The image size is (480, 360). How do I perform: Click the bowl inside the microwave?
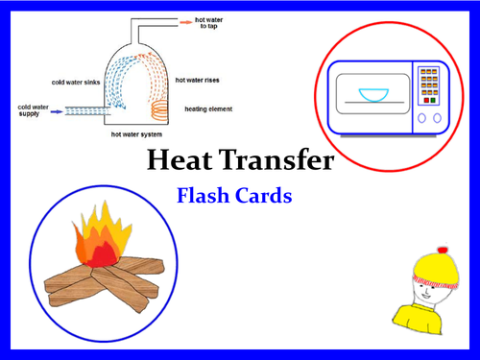point(369,95)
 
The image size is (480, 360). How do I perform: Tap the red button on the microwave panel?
point(423,99)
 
